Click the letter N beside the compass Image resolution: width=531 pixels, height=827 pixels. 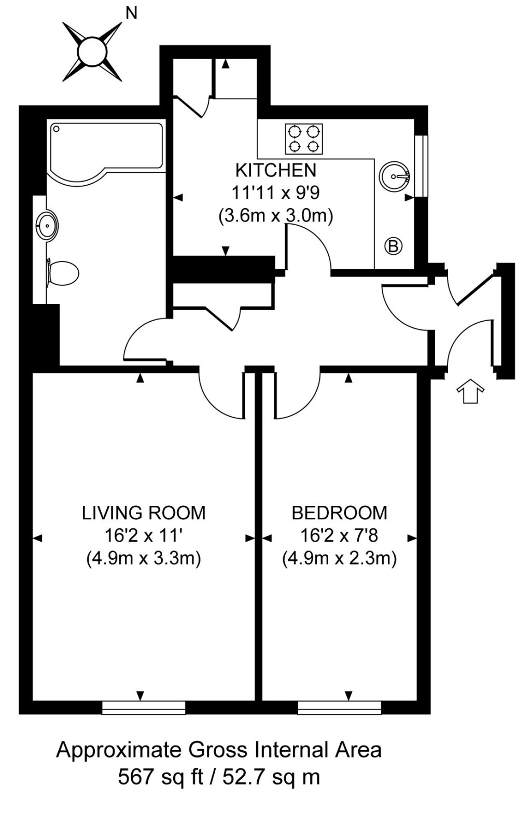click(132, 13)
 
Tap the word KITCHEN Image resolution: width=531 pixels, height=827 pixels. click(275, 170)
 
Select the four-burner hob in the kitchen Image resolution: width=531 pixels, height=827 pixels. click(303, 139)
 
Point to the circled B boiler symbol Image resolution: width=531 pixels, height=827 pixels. click(394, 245)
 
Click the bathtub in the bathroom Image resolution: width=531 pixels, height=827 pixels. click(106, 148)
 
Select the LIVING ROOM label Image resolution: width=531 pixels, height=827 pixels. click(144, 513)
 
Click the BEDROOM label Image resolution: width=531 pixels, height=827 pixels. click(339, 513)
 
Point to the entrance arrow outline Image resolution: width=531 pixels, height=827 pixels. click(470, 391)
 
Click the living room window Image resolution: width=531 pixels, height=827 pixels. click(144, 708)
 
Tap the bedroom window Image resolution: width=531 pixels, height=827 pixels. click(340, 708)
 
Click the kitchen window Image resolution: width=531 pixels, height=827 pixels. click(424, 166)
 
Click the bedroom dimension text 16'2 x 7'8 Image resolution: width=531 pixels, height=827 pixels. click(339, 535)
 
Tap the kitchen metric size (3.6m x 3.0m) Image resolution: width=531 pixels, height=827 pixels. click(275, 215)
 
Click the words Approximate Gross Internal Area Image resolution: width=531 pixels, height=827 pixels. click(218, 750)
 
